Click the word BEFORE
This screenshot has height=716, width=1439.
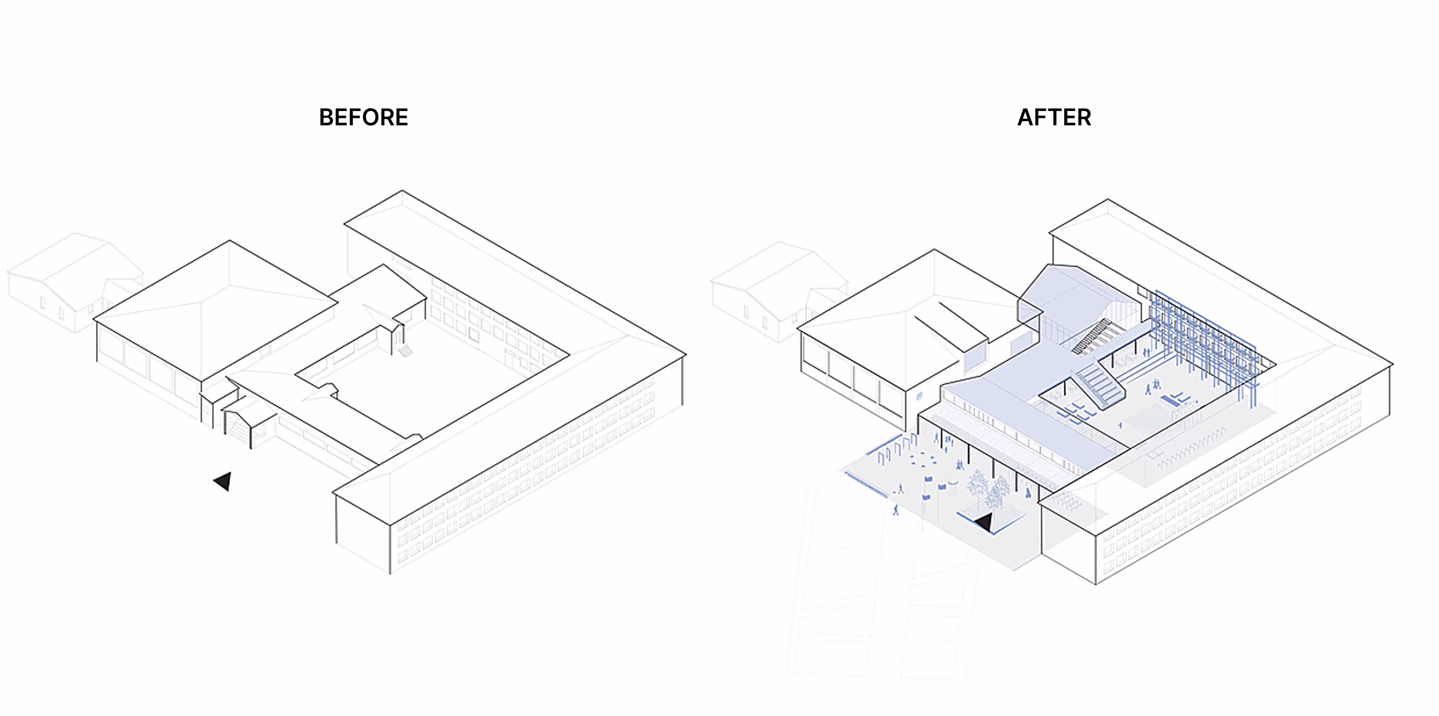363,117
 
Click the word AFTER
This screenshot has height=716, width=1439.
1054,117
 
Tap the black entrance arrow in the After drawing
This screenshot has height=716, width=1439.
984,523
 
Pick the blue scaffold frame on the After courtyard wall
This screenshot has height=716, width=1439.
1201,341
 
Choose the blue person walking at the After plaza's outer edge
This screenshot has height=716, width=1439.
896,510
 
